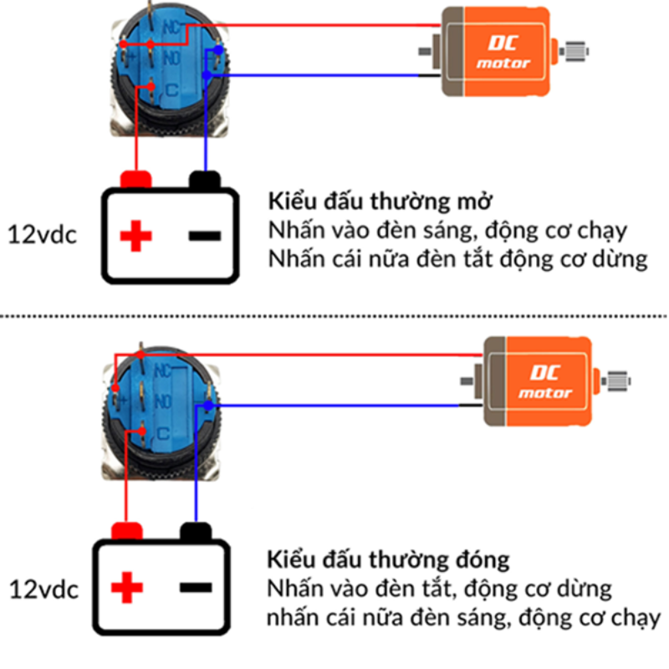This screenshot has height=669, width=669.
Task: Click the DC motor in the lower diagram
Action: click(539, 380)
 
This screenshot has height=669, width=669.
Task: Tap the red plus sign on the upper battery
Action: click(135, 237)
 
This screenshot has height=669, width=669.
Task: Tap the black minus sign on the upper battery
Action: click(205, 236)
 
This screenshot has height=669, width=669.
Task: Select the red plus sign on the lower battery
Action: click(127, 588)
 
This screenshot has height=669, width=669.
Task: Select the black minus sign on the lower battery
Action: click(195, 587)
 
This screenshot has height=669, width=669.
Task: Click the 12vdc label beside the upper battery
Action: click(43, 235)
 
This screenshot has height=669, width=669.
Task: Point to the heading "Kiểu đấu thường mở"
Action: click(378, 202)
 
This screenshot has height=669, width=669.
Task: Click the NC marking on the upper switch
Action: click(171, 28)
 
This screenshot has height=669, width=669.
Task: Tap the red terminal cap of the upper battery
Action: click(135, 179)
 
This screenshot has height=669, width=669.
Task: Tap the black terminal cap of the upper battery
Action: click(205, 179)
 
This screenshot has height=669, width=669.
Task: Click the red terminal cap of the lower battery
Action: click(126, 531)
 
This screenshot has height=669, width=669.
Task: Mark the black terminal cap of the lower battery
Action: click(195, 531)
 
